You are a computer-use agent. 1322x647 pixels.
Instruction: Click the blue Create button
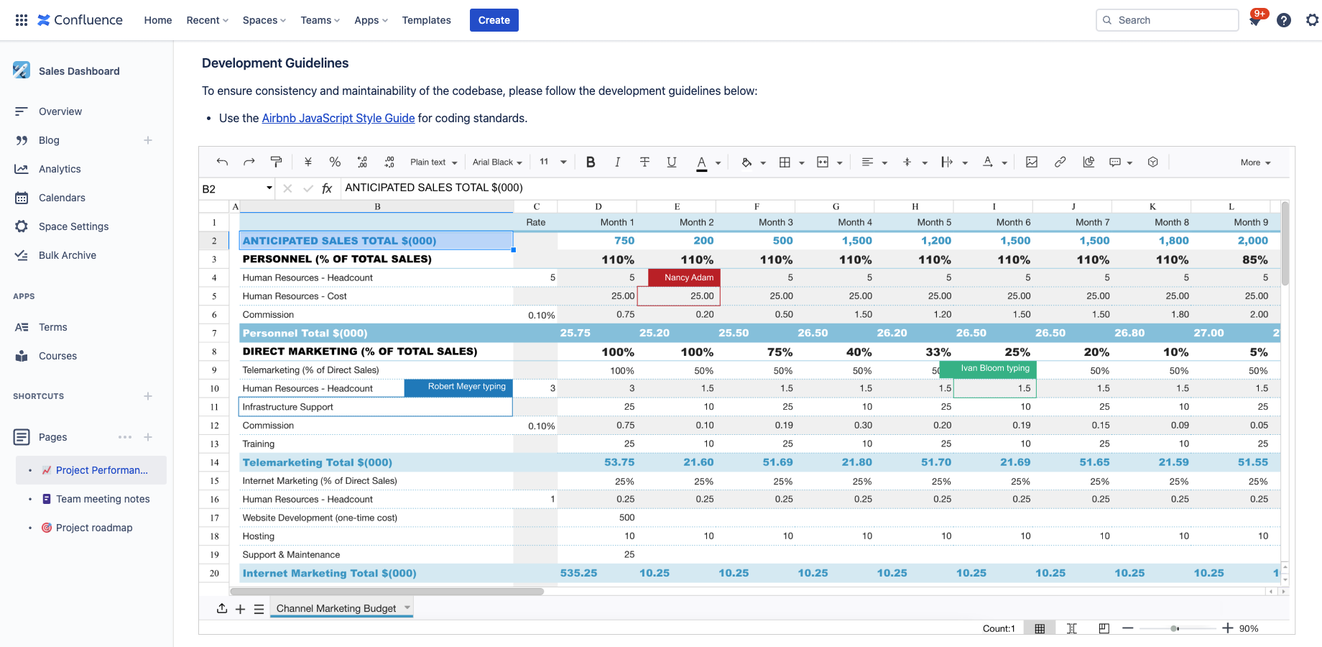494,20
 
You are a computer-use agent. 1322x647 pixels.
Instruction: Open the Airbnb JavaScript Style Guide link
338,118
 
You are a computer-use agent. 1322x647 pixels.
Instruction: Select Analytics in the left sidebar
60,169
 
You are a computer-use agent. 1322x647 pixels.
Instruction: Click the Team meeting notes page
103,499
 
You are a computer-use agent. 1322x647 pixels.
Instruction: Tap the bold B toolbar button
591,162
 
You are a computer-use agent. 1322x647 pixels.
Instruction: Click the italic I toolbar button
617,162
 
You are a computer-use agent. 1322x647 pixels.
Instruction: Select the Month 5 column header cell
934,222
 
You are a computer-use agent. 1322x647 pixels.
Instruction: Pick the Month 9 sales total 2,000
1252,241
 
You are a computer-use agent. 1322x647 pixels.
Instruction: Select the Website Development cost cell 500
627,518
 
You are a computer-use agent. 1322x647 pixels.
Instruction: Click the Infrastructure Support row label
288,407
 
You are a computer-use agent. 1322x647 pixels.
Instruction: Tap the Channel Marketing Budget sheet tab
336,608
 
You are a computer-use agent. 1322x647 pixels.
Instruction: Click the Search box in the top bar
1167,20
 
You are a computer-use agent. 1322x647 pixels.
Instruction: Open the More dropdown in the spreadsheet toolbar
1254,162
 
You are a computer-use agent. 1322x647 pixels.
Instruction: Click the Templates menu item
426,20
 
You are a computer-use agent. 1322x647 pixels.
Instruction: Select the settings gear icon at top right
1312,20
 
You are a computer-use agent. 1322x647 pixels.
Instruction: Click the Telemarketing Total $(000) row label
318,462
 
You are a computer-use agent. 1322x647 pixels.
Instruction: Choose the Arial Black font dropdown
497,162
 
